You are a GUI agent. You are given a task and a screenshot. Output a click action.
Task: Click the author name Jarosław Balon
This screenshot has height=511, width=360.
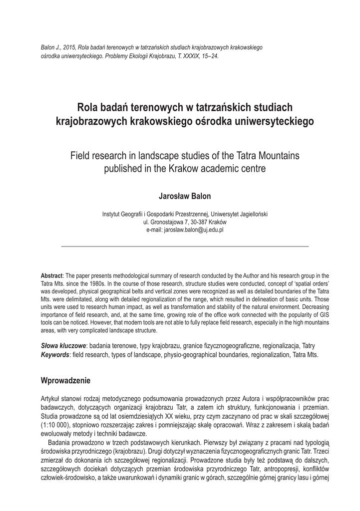[184, 196]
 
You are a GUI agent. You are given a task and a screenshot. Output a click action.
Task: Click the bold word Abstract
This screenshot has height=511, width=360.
[51, 275]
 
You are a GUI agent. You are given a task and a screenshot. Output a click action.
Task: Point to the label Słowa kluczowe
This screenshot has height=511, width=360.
[63, 346]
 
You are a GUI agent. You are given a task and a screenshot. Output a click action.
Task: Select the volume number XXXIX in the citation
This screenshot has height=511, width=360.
[187, 56]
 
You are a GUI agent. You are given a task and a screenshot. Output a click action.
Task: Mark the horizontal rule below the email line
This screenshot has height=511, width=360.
[184, 247]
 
